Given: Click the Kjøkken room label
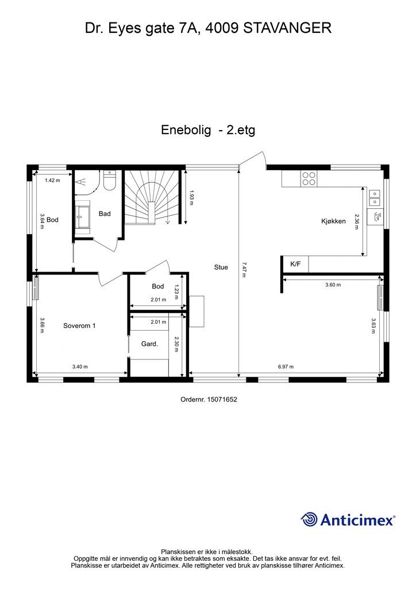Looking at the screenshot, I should pos(333,221).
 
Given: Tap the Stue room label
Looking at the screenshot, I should pos(221,267).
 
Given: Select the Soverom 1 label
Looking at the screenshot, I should pos(79,326).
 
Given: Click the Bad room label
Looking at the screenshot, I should pos(105,213).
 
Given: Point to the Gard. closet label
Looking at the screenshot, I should pos(149,344).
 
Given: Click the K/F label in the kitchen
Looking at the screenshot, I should pos(295,265).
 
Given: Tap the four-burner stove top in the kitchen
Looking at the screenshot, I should pos(309,178).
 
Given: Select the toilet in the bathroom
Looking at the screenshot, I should pos(110,181).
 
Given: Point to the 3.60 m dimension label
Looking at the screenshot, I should pos(333,285).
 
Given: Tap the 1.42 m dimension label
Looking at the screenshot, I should pos(53,180).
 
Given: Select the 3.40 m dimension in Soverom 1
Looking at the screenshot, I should pos(80,366).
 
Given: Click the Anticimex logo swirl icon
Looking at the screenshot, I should pos(309,519).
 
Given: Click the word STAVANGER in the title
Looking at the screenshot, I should pos(288,28).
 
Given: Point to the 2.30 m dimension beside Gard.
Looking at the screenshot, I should pos(177,344).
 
